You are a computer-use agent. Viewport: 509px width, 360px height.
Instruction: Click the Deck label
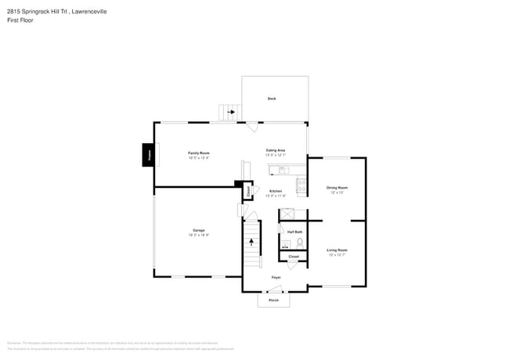tap(272, 99)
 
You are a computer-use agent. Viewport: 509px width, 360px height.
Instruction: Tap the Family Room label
tap(198, 153)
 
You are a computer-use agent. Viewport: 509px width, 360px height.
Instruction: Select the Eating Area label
tap(275, 149)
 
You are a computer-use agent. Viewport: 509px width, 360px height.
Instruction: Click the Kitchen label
tap(276, 191)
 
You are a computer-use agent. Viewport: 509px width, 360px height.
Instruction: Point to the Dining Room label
tap(337, 188)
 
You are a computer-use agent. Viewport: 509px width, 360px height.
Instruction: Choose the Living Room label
tap(337, 250)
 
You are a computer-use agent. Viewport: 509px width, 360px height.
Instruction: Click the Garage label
tap(198, 230)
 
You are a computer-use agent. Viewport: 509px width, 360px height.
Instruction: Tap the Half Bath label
tap(294, 232)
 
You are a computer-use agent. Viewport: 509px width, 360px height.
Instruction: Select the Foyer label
tap(276, 278)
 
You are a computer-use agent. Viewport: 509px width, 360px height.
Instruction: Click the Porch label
tap(273, 301)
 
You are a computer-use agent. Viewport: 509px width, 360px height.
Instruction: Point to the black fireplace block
tap(147, 155)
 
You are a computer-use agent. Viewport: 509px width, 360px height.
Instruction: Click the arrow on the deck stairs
tap(231, 113)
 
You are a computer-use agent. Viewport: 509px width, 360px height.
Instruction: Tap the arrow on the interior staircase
tap(251, 243)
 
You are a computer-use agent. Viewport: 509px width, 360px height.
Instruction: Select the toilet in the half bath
tap(299, 243)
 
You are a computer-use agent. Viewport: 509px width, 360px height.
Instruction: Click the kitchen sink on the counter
tap(283, 170)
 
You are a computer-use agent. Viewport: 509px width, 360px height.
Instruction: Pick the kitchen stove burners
tap(301, 185)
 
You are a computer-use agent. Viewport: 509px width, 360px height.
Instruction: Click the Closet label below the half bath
tap(294, 256)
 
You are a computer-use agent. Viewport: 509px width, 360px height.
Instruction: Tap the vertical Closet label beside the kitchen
tap(249, 190)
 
